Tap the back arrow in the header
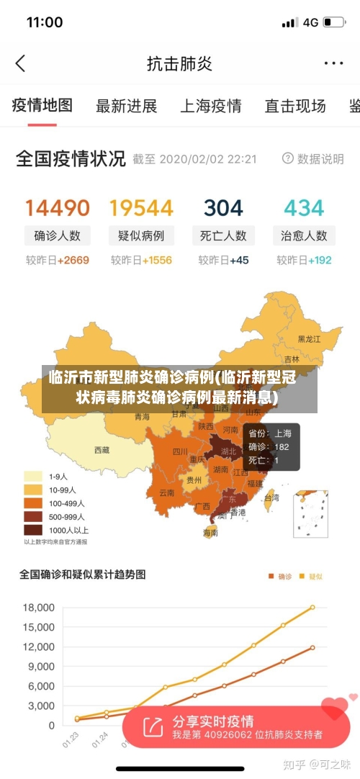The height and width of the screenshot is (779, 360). click(20, 63)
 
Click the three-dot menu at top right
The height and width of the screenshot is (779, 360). click(333, 63)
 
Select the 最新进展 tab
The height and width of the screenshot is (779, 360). click(126, 107)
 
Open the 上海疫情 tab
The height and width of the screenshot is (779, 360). click(210, 107)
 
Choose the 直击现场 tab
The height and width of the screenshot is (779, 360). click(294, 107)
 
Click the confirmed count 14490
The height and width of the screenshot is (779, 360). click(58, 208)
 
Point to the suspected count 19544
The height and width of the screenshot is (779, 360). click(141, 208)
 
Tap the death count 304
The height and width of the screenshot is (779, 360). click(223, 208)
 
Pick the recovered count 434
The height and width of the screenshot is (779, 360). click(304, 208)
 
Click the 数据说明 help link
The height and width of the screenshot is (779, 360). click(312, 158)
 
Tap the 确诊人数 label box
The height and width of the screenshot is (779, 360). click(58, 235)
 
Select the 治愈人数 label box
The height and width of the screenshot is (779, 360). click(304, 235)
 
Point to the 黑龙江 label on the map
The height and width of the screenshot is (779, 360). click(309, 338)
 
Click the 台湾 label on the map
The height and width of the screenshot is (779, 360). click(271, 497)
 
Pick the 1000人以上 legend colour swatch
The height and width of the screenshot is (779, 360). click(33, 529)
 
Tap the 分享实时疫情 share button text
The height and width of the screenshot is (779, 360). click(212, 721)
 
